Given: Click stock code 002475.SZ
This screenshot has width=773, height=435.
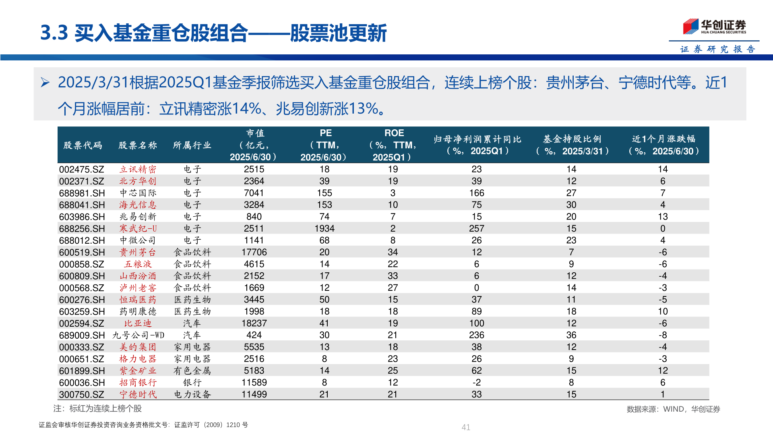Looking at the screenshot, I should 81,170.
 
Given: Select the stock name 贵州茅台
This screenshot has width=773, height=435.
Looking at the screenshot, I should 137,253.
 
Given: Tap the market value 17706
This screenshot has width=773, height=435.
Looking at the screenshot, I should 254,253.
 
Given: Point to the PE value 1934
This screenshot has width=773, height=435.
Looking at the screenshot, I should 324,229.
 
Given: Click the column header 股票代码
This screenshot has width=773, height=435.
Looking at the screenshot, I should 83,145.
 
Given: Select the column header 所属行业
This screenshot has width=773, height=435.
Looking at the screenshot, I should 192,145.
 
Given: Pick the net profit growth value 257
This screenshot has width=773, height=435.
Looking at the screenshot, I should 476,229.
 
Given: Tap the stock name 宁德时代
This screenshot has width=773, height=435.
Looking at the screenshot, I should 138,395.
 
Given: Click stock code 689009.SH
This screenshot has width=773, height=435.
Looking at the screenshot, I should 82,336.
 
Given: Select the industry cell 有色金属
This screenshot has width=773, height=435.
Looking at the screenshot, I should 192,371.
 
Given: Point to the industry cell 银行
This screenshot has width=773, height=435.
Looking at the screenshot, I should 192,383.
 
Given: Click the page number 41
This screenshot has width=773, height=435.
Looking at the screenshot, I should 466,427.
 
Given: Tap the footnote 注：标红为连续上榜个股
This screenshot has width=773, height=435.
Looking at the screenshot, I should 97,409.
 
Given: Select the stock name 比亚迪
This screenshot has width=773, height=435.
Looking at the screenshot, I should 138,323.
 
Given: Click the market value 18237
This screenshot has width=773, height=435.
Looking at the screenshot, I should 254,323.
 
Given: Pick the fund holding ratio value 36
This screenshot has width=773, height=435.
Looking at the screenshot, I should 571,336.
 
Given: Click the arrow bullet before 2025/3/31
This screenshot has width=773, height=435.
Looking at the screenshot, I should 45,83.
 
